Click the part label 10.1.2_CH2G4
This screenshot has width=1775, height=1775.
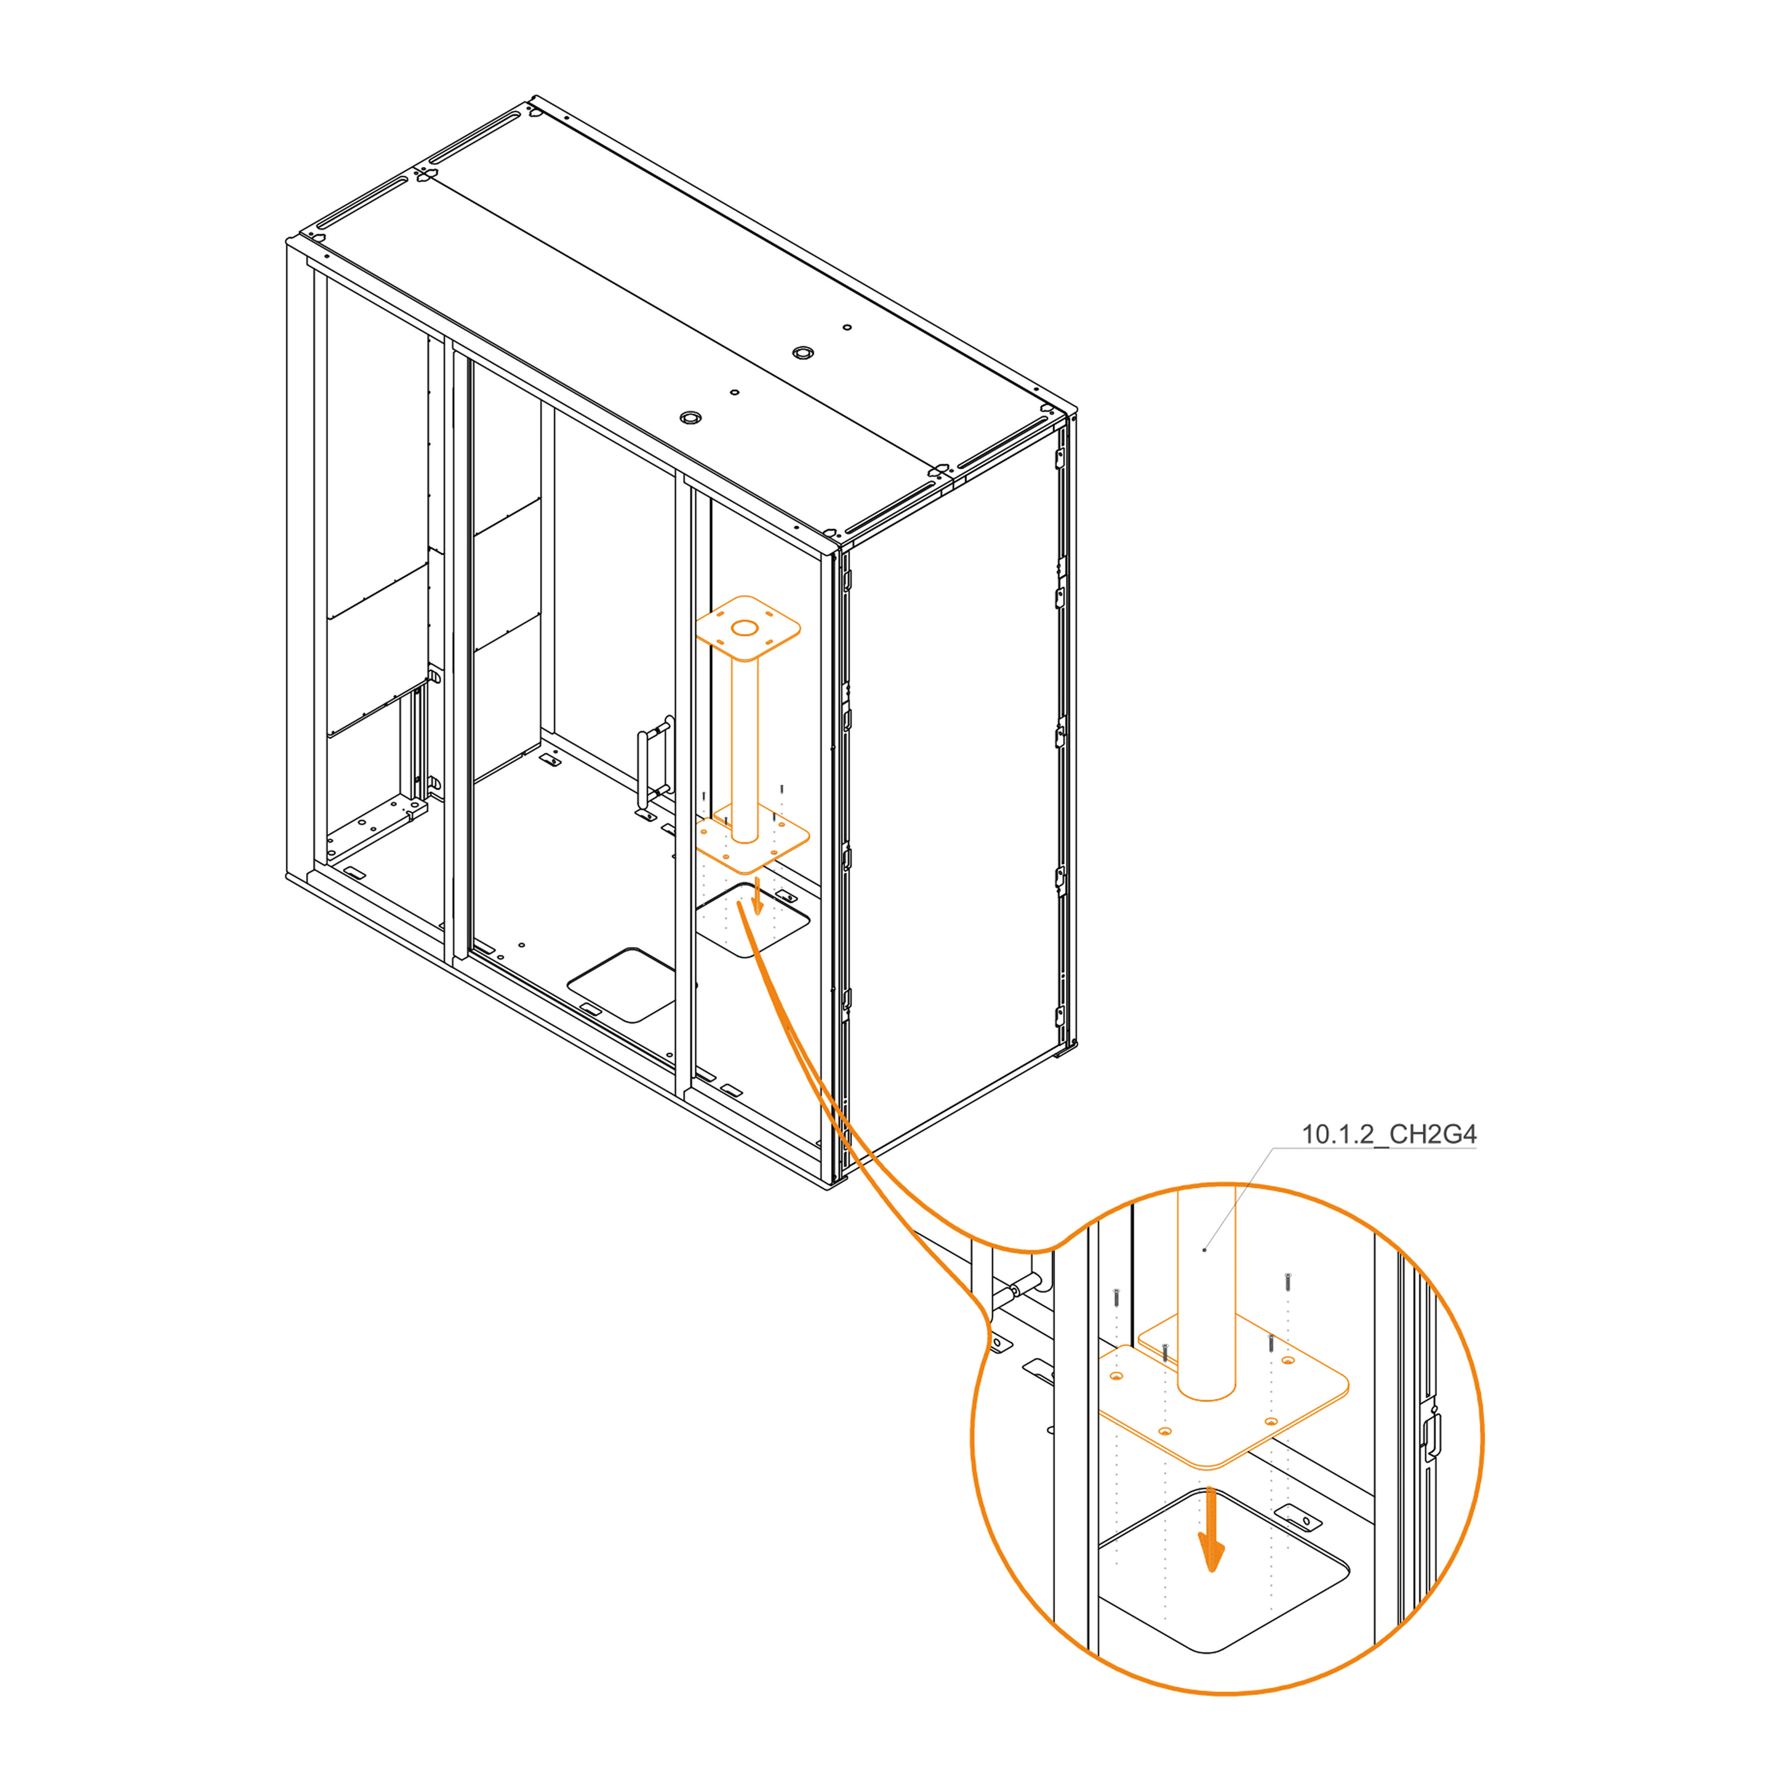[1388, 1135]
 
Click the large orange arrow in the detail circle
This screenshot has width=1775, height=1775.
[1212, 1530]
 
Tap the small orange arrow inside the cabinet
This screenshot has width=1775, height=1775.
[757, 896]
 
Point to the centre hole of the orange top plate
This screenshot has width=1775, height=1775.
[744, 628]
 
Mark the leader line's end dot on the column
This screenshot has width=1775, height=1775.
[1205, 1250]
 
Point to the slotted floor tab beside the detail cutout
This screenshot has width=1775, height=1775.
[1298, 1517]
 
